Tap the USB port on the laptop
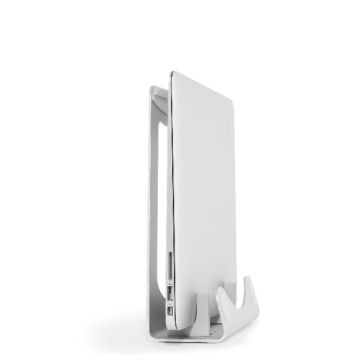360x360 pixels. click(x=170, y=295)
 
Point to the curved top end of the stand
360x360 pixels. click(x=157, y=90)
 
